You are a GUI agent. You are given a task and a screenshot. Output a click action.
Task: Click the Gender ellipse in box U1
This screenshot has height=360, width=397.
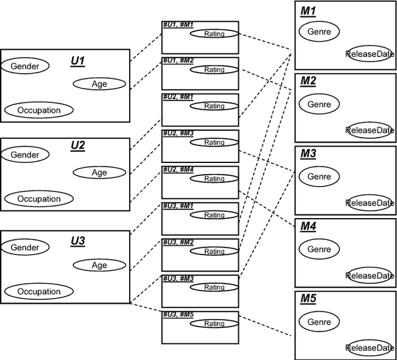(x=25, y=66)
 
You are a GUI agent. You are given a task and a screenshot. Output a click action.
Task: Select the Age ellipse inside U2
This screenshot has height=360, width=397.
(x=99, y=172)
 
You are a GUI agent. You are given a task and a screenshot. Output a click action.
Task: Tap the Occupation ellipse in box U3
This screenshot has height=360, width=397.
(x=39, y=291)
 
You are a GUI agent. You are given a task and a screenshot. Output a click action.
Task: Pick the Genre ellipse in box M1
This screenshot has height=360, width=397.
(x=319, y=32)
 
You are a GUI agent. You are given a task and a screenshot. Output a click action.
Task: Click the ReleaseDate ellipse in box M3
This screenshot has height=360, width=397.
(x=370, y=203)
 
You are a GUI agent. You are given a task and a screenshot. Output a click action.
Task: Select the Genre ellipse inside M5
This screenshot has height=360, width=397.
(x=319, y=322)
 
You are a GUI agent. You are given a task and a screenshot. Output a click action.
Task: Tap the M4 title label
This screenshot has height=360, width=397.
(x=308, y=227)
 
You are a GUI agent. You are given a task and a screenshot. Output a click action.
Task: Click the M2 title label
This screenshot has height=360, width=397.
(x=308, y=82)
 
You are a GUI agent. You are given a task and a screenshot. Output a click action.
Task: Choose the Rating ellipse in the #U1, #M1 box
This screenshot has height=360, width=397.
(x=214, y=33)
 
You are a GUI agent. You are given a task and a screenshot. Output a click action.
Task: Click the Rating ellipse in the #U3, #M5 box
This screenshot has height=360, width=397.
(x=214, y=323)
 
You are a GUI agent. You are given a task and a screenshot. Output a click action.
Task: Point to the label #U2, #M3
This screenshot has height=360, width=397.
(x=178, y=133)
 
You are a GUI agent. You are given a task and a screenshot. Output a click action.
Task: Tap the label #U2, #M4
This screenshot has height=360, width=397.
(x=178, y=169)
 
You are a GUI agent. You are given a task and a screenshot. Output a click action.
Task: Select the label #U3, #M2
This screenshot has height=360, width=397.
(x=178, y=242)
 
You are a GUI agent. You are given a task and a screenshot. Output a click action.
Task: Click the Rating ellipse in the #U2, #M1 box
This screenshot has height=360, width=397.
(x=214, y=106)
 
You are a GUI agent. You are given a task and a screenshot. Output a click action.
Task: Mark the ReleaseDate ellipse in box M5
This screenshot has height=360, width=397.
(x=370, y=348)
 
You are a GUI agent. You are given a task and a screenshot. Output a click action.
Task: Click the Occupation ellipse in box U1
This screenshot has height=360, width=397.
(x=39, y=110)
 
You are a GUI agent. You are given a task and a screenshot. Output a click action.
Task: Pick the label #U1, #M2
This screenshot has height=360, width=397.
(x=178, y=61)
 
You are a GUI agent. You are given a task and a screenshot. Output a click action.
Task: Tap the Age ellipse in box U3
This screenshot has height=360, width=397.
(x=99, y=265)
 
